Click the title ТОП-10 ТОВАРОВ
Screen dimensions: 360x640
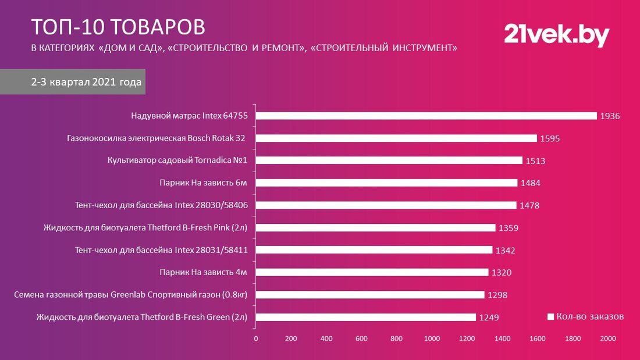[118, 27]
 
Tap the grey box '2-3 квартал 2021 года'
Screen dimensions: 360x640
[86, 83]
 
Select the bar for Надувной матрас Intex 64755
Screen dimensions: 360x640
[426, 116]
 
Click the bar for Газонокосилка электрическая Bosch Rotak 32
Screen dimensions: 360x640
[396, 138]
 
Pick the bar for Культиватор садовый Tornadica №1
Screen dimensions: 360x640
[389, 161]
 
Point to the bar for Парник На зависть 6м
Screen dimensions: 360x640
[386, 183]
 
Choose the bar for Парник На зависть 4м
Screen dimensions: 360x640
[372, 272]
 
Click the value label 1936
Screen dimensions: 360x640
[611, 116]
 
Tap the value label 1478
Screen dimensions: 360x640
[529, 205]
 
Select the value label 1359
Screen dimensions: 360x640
[509, 228]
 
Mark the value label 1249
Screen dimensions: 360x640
[489, 318]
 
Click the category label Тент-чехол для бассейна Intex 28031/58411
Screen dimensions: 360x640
[162, 250]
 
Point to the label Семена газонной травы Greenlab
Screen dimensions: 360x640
[131, 295]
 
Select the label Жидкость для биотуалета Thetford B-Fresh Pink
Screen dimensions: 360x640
[146, 228]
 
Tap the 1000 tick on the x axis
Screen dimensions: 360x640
[432, 338]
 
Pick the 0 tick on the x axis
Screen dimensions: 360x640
[256, 338]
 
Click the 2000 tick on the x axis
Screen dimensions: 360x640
[607, 338]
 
